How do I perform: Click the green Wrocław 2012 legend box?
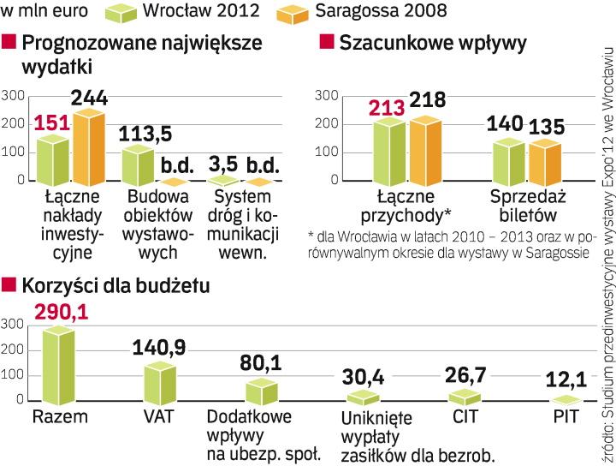click(x=123, y=14)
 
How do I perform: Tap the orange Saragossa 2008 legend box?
click(x=297, y=14)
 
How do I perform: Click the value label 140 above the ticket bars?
click(x=505, y=123)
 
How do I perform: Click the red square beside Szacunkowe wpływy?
click(x=325, y=42)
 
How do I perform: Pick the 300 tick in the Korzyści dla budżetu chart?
click(x=12, y=324)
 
